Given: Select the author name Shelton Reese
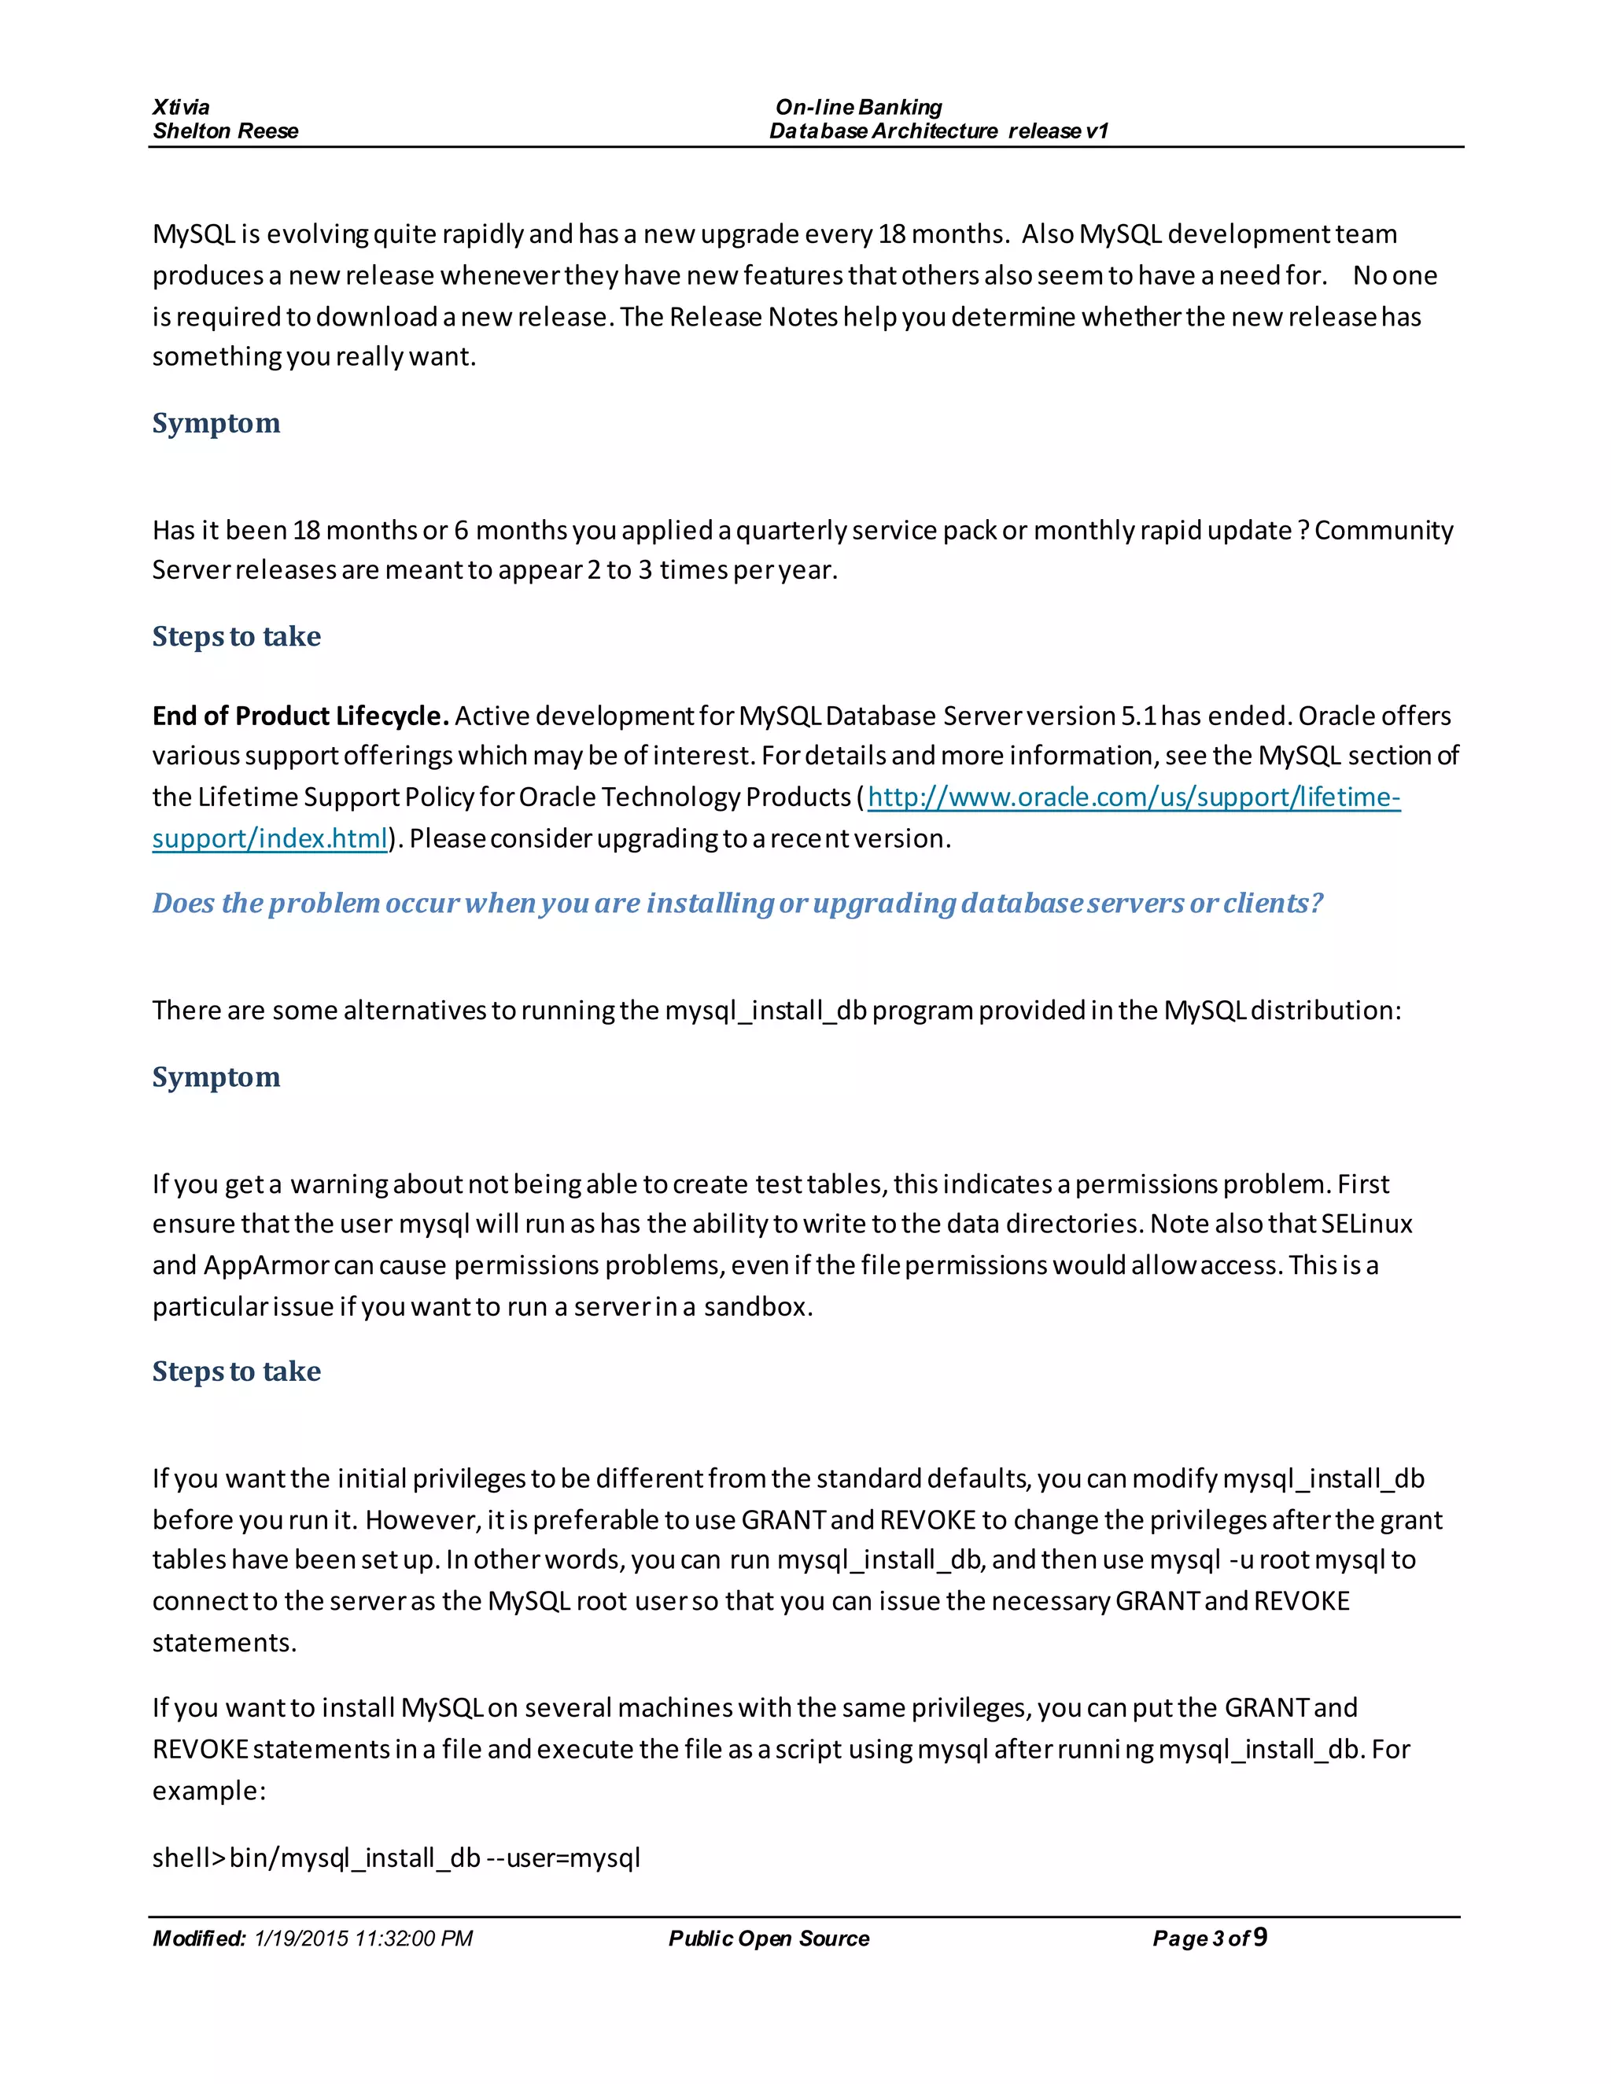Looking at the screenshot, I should coord(225,131).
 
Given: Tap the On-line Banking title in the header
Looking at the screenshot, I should coord(858,107).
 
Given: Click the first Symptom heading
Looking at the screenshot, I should coord(216,423).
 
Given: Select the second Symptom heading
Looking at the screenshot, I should coord(216,1077).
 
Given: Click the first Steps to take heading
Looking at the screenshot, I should coord(236,635).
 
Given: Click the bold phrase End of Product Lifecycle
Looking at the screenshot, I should coord(300,716).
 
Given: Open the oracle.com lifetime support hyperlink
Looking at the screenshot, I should coord(1133,797).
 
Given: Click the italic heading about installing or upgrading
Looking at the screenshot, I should coord(737,903).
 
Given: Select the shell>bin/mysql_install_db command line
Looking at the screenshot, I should coord(396,1857).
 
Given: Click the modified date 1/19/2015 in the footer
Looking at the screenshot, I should coord(363,1938).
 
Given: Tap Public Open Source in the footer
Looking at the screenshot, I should coord(769,1938).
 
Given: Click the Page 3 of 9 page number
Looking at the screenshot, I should coord(1209,1938).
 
